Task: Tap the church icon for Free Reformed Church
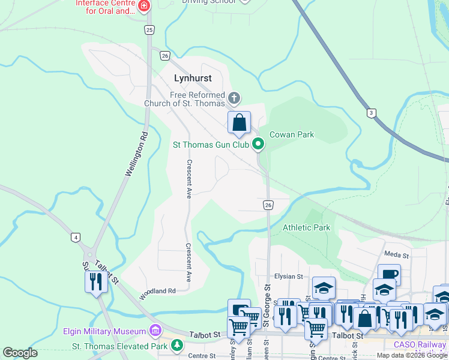pyautogui.click(x=234, y=97)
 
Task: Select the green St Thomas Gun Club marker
pyautogui.click(x=258, y=143)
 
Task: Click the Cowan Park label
pyautogui.click(x=292, y=134)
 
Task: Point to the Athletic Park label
pyautogui.click(x=306, y=228)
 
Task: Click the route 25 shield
pyautogui.click(x=149, y=30)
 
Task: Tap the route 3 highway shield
pyautogui.click(x=372, y=113)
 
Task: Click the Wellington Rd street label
pyautogui.click(x=136, y=155)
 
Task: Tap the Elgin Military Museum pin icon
pyautogui.click(x=155, y=331)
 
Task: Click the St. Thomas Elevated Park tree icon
pyautogui.click(x=176, y=345)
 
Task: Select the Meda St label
pyautogui.click(x=396, y=255)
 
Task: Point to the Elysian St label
pyautogui.click(x=288, y=277)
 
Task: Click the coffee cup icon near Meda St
pyautogui.click(x=388, y=274)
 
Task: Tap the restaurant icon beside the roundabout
pyautogui.click(x=96, y=281)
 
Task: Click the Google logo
pyautogui.click(x=20, y=353)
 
